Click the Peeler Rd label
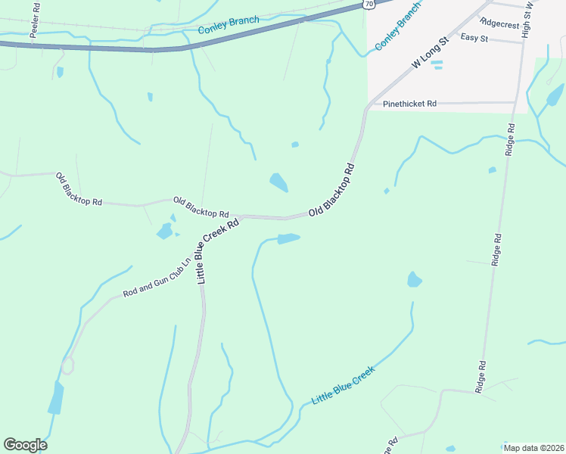coord(36,13)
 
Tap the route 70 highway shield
coord(369,4)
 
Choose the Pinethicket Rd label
coord(410,103)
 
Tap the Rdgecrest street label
coord(499,23)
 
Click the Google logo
coord(25,444)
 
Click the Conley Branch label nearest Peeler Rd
coord(229,25)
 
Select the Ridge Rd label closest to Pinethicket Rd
coord(511,141)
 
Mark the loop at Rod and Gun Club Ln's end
coord(68,365)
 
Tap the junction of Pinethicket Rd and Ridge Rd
coord(515,101)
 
